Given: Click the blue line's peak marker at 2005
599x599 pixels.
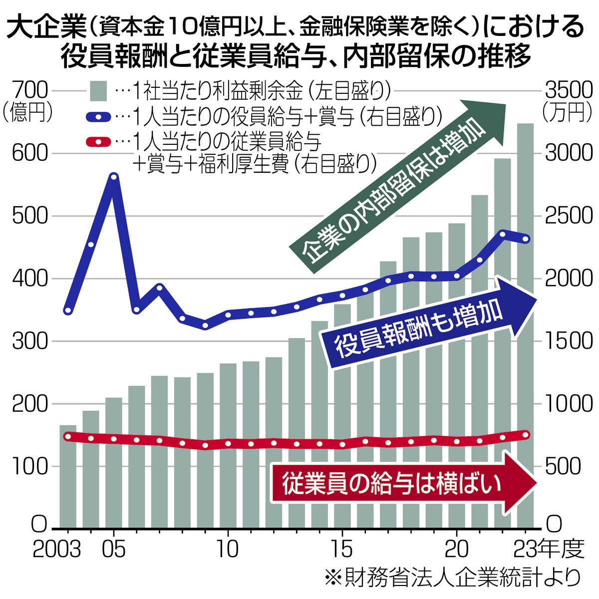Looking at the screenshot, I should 114,177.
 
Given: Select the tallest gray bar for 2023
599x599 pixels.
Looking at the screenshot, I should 525,324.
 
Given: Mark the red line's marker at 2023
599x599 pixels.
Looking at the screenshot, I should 525,435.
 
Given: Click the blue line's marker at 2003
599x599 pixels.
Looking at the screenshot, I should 68,311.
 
